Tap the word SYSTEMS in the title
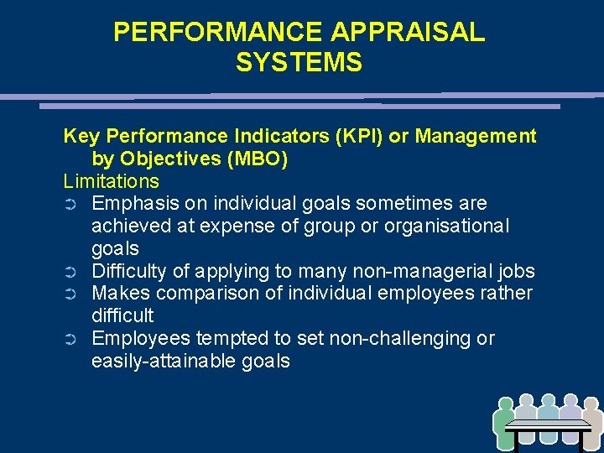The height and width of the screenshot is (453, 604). tap(299, 63)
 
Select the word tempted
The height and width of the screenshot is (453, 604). tap(226, 339)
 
